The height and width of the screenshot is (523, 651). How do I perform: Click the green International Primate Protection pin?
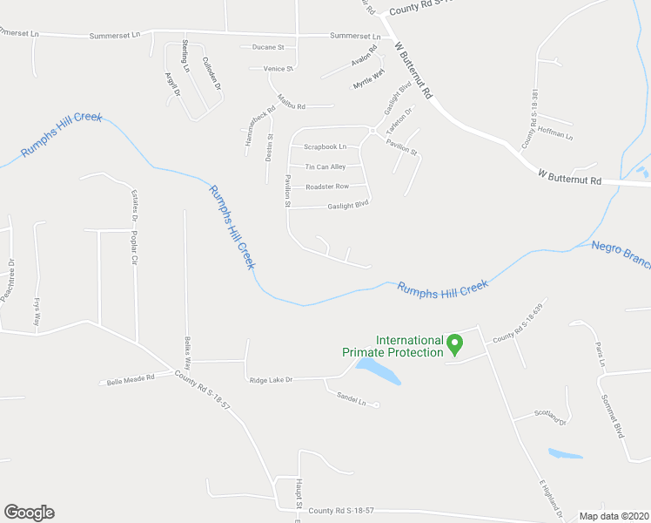pyautogui.click(x=453, y=345)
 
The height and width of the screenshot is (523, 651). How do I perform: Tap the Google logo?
pyautogui.click(x=29, y=513)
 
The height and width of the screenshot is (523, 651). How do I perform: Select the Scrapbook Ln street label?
pyautogui.click(x=326, y=146)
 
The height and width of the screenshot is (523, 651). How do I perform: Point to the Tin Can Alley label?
pyautogui.click(x=325, y=166)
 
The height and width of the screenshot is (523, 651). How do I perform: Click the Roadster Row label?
pyautogui.click(x=327, y=187)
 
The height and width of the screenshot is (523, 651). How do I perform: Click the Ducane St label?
pyautogui.click(x=268, y=47)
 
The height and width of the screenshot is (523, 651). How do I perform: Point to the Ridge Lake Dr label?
pyautogui.click(x=271, y=380)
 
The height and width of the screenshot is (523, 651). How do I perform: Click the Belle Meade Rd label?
pyautogui.click(x=130, y=380)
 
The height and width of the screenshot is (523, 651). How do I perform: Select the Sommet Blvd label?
pyautogui.click(x=613, y=415)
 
